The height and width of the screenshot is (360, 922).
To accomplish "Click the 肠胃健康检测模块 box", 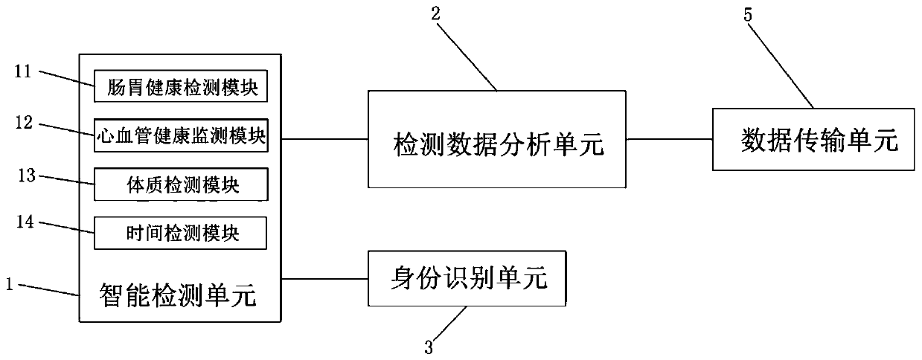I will [180, 89].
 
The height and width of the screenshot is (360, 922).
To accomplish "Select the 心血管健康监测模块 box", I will [180, 136].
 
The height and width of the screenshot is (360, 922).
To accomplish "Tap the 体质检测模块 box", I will [180, 184].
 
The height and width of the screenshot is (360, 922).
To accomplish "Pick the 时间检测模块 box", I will [180, 234].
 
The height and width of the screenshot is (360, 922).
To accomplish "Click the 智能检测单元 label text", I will [178, 297].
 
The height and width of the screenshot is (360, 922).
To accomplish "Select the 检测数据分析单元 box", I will [498, 139].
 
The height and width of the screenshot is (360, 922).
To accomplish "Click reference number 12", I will [25, 123].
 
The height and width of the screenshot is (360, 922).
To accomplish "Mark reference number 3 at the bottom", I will [428, 347].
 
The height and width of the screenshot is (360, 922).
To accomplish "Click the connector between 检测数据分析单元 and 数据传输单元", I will [669, 138].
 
